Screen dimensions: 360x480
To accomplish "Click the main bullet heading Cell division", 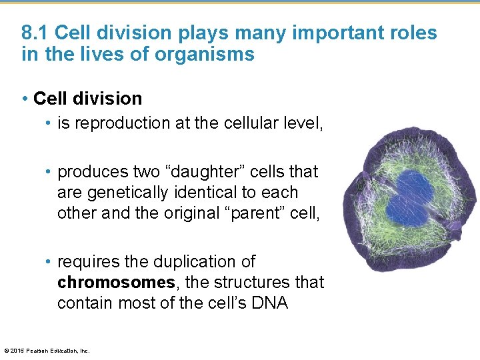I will (x=87, y=99).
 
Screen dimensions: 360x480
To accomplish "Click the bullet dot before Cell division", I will (x=25, y=99).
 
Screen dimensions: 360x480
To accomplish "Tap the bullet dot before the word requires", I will (x=49, y=262).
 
